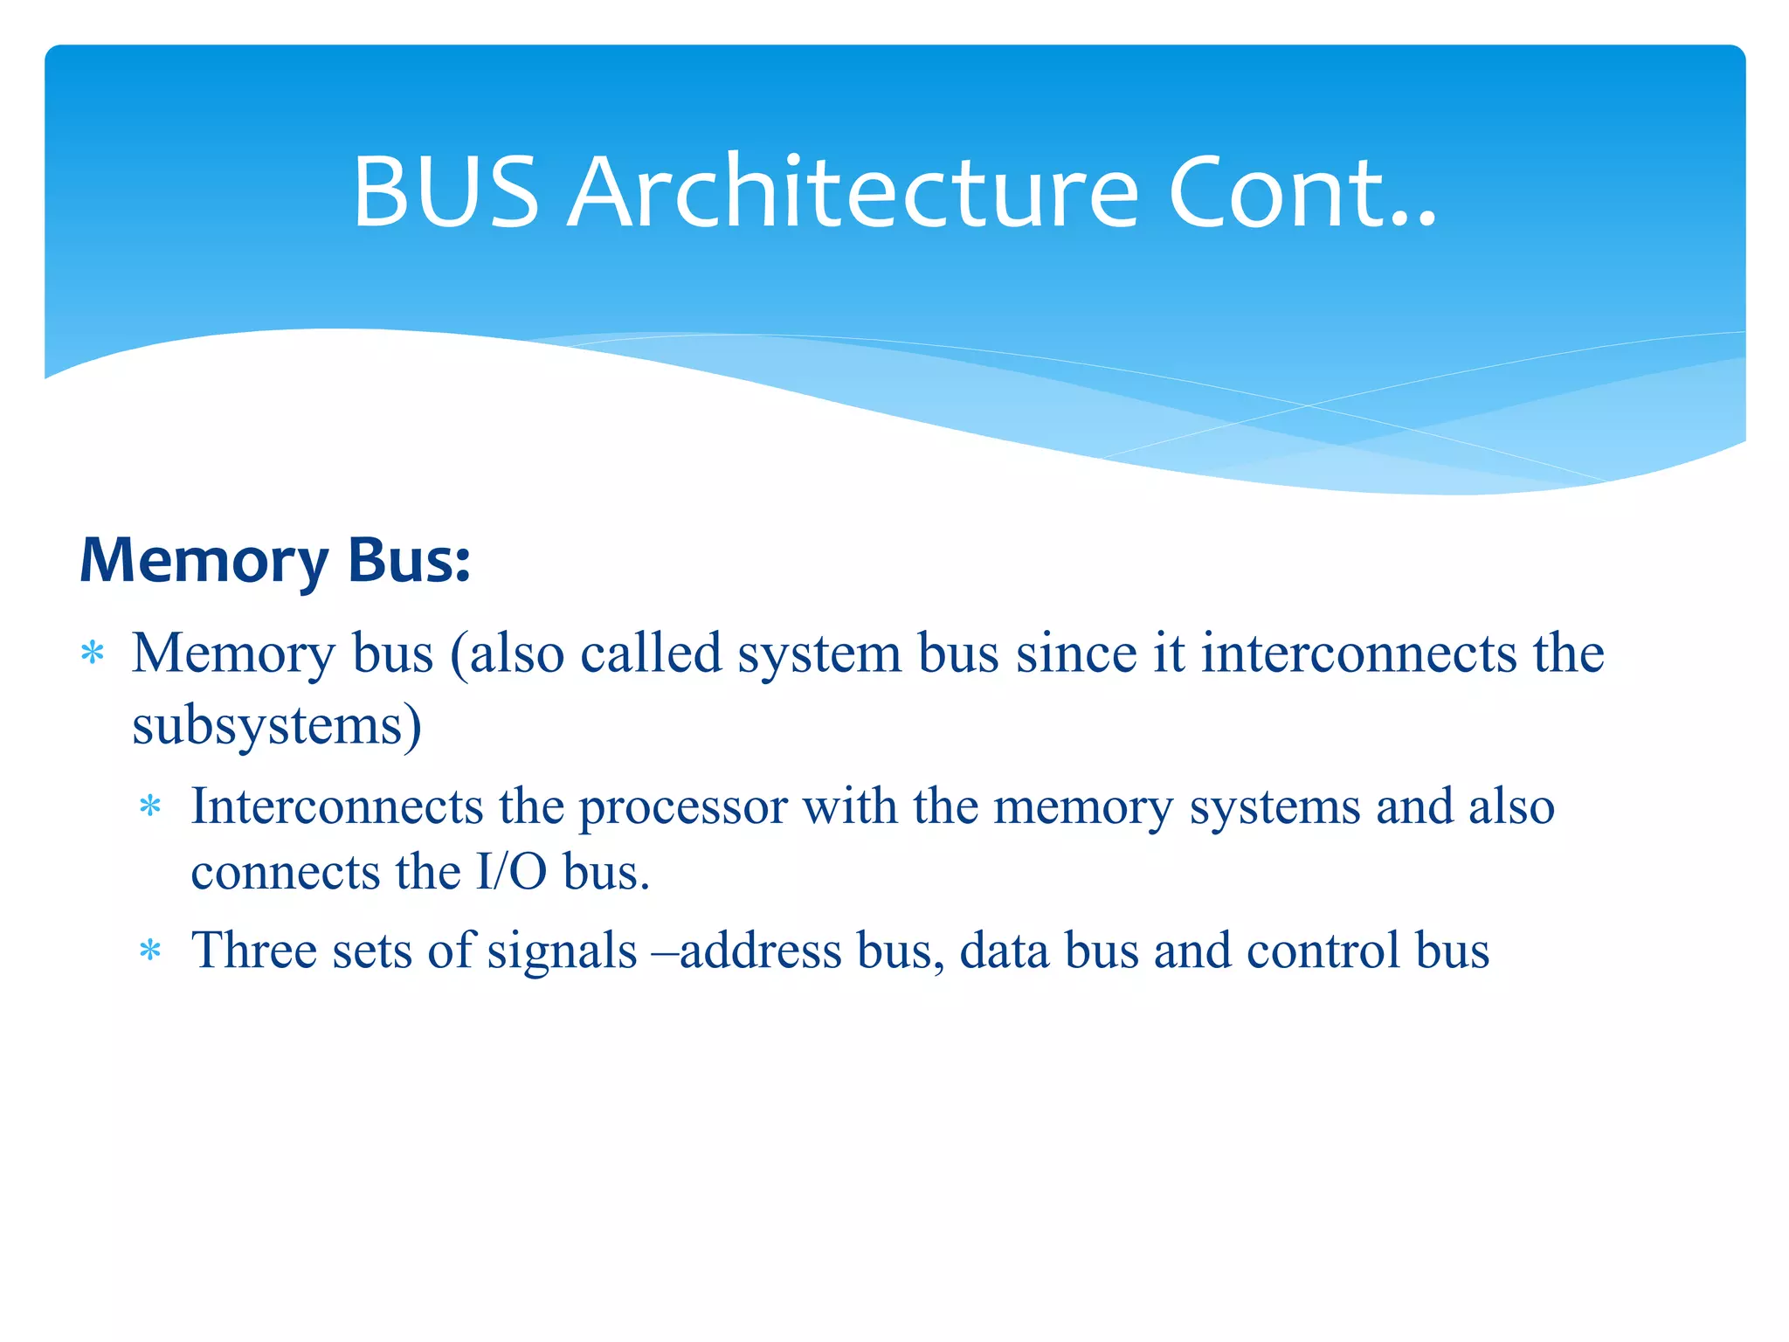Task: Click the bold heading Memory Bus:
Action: (275, 560)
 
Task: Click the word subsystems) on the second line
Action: (277, 725)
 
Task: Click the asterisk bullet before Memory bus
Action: (93, 654)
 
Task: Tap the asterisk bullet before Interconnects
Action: (151, 806)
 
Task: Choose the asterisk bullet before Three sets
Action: (151, 951)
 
